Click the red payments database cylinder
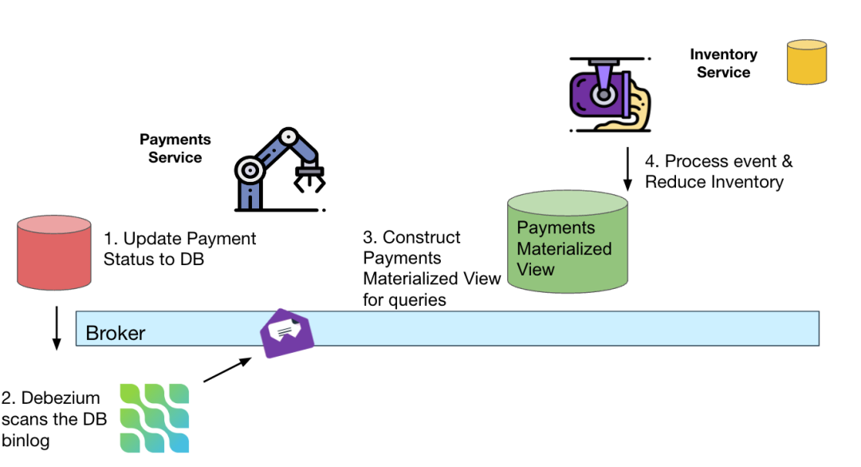(x=54, y=251)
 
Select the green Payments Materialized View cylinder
(x=568, y=242)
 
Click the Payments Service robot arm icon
(x=280, y=169)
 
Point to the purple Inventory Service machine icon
(x=609, y=94)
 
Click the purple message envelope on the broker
(x=288, y=332)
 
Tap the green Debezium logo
(x=155, y=418)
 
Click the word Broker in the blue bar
(x=115, y=333)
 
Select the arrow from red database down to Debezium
(x=57, y=327)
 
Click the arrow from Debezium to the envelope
(x=229, y=370)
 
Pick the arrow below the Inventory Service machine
(x=627, y=168)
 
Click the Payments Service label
(x=175, y=148)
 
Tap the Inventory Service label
(x=723, y=63)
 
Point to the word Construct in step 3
(x=422, y=237)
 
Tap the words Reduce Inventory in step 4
(x=714, y=182)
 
